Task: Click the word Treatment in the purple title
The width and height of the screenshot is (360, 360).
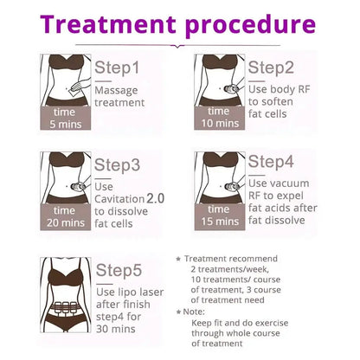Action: click(108, 24)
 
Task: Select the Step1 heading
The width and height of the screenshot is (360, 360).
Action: click(117, 68)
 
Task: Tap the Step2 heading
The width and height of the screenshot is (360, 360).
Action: click(271, 68)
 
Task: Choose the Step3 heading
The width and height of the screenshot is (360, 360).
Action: click(117, 165)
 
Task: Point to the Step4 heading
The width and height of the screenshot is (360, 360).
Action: click(271, 162)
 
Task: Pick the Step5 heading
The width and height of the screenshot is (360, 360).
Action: click(119, 271)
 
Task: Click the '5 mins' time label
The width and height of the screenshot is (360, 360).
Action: click(66, 125)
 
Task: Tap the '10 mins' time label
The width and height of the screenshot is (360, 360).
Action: click(220, 124)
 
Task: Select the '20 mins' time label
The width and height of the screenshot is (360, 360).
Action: click(66, 222)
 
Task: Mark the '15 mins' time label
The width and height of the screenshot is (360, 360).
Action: click(220, 222)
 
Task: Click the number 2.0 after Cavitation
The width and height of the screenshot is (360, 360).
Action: click(156, 198)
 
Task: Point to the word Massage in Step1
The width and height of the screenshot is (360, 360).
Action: click(116, 91)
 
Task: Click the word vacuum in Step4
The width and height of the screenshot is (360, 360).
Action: click(290, 183)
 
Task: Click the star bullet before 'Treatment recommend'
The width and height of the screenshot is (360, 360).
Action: click(178, 259)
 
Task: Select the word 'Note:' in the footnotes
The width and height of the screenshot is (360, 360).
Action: click(194, 312)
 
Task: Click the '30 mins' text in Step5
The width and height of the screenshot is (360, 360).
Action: click(116, 329)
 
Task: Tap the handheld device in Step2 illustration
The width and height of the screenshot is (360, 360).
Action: click(232, 89)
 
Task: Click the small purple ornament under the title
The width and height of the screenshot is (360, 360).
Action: click(177, 46)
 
